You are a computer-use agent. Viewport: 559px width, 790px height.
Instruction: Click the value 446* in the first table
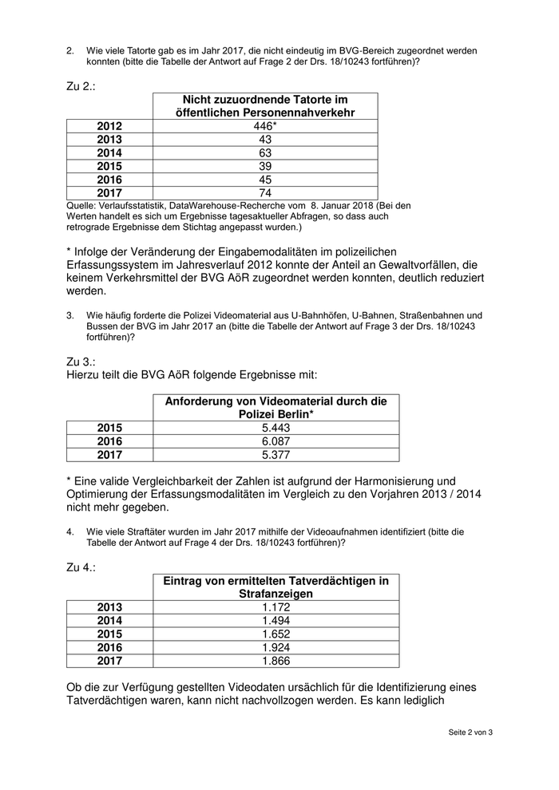(x=264, y=126)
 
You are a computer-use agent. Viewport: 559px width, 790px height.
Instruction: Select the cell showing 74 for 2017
(x=264, y=193)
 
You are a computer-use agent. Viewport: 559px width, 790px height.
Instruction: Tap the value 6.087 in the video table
(x=276, y=441)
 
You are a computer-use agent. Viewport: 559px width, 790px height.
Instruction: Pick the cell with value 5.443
(x=276, y=428)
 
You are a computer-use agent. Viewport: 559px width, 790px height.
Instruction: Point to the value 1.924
(x=276, y=647)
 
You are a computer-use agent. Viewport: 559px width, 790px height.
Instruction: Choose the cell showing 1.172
(x=276, y=607)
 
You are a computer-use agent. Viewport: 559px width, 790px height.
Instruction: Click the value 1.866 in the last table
(x=276, y=661)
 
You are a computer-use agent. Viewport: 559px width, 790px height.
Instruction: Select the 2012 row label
(x=110, y=126)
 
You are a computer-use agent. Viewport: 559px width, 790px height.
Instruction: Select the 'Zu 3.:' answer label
(x=81, y=361)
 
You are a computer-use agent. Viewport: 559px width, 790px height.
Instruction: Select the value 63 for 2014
(x=264, y=153)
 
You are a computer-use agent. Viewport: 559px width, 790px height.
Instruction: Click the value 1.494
(x=276, y=621)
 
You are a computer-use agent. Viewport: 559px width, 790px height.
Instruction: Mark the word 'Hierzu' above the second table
(x=85, y=375)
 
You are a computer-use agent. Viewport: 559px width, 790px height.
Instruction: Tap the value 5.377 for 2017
(x=276, y=455)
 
